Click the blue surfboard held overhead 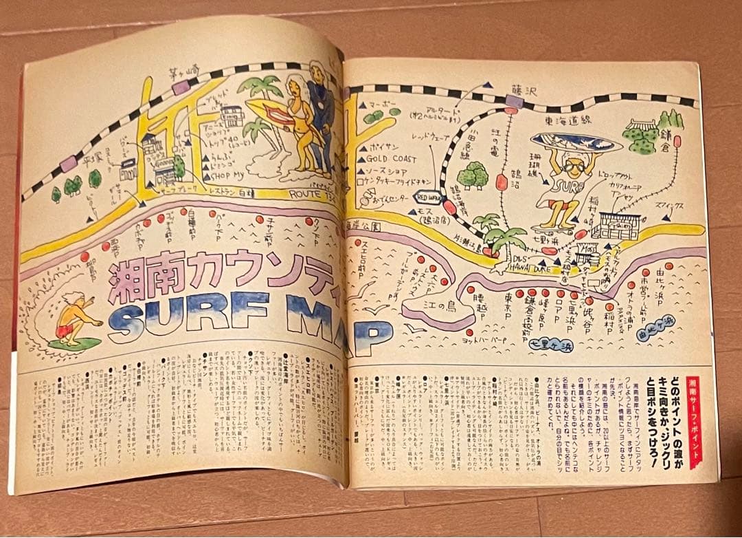(575, 142)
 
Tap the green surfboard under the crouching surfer (74, 343)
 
